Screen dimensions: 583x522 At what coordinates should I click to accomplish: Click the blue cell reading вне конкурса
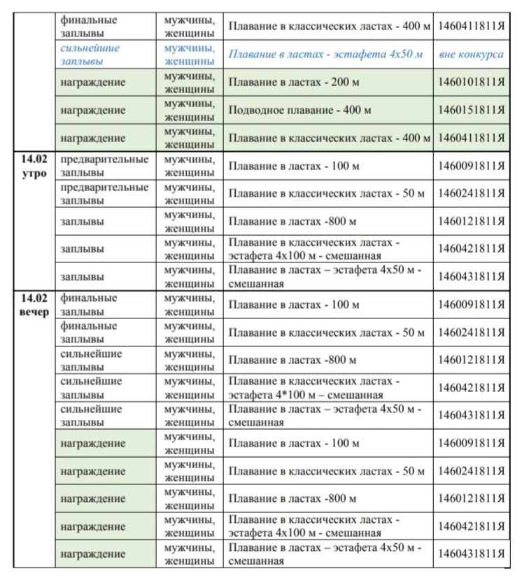tap(471, 55)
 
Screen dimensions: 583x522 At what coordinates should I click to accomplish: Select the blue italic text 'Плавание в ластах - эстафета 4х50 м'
tap(326, 55)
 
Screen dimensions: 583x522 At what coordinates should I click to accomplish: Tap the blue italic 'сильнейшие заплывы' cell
tap(90, 55)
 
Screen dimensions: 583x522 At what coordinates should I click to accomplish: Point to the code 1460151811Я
tap(471, 110)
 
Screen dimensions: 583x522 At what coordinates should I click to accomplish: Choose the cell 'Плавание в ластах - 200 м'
tap(289, 83)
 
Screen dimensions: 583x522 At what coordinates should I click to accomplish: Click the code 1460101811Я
tap(471, 83)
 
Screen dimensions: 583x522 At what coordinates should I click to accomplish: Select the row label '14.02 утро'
tap(34, 167)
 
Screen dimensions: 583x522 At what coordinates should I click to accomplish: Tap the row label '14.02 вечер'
tap(34, 304)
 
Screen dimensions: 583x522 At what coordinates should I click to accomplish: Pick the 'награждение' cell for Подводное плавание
tap(93, 110)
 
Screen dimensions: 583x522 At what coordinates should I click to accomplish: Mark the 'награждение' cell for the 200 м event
tap(93, 83)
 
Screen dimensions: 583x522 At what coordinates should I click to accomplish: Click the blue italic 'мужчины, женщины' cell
tap(189, 55)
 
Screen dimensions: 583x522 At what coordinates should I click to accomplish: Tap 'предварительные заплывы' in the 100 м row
tap(104, 166)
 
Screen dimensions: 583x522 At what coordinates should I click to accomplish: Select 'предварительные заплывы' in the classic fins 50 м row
tap(104, 194)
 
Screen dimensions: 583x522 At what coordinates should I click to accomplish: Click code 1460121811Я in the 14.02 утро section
tap(471, 222)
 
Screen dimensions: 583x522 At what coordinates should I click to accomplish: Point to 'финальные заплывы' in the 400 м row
tap(89, 26)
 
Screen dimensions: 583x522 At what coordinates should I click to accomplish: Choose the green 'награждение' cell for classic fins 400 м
tap(93, 138)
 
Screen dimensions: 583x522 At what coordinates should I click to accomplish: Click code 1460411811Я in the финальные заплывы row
tap(471, 26)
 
